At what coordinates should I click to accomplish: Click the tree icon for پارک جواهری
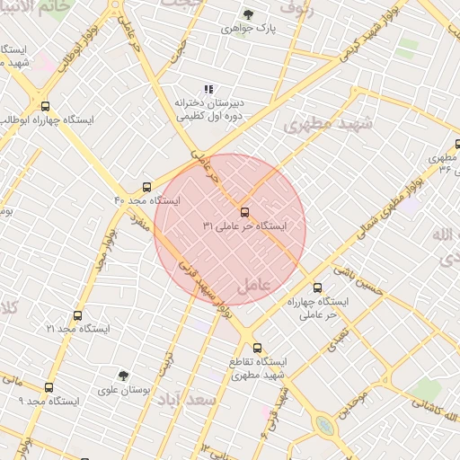[x=248, y=14]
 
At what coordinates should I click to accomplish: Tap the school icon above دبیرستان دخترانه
[x=208, y=89]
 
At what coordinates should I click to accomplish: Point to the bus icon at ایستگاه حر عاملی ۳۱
[x=245, y=213]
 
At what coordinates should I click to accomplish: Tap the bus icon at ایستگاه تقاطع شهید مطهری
[x=257, y=348]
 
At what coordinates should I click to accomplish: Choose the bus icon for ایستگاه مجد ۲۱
[x=77, y=316]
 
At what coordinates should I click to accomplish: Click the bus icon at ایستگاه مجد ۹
[x=49, y=387]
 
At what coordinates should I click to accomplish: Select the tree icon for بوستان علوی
[x=123, y=376]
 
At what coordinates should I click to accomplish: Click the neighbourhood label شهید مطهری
[x=327, y=124]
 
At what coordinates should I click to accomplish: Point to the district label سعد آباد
[x=186, y=399]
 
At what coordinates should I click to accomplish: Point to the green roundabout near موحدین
[x=325, y=425]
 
